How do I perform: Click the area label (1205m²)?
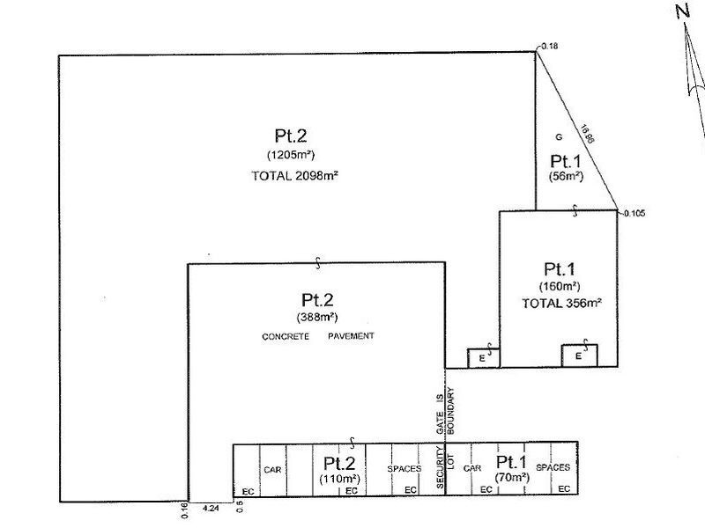(291, 155)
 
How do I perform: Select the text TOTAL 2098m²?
(294, 175)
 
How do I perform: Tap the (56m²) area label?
(566, 177)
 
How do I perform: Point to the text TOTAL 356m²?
(561, 303)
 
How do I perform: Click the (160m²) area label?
(560, 286)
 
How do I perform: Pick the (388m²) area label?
(317, 317)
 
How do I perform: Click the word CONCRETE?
(286, 336)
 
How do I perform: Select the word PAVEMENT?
(351, 336)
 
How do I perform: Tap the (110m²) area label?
(340, 479)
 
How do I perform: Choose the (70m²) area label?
(512, 477)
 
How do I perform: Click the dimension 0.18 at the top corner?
(549, 46)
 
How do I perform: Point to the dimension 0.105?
(634, 213)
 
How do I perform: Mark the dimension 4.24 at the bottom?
(211, 509)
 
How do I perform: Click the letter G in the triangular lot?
(559, 137)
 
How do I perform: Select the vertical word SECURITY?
(440, 467)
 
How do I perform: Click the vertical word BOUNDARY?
(451, 411)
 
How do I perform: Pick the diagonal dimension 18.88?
(587, 134)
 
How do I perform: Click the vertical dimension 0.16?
(184, 511)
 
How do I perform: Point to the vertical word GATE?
(440, 423)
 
